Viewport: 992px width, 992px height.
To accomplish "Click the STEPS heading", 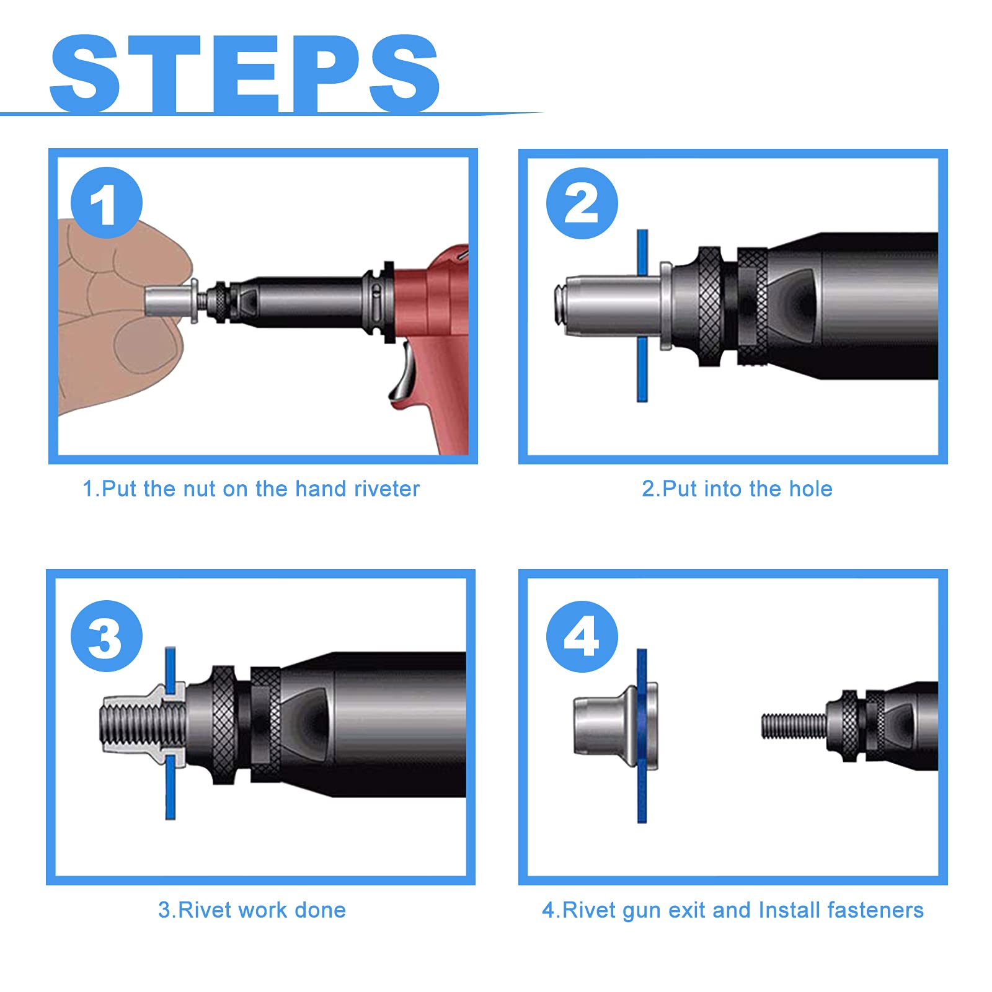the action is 245,74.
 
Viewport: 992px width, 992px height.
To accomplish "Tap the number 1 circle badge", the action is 107,203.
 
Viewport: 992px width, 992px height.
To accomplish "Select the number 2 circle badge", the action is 582,203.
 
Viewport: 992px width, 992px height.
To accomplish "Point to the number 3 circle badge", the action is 107,635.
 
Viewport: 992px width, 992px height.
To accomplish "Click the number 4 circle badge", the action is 582,635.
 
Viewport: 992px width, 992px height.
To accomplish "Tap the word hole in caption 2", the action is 810,489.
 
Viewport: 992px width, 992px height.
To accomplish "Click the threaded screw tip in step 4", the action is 794,725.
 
